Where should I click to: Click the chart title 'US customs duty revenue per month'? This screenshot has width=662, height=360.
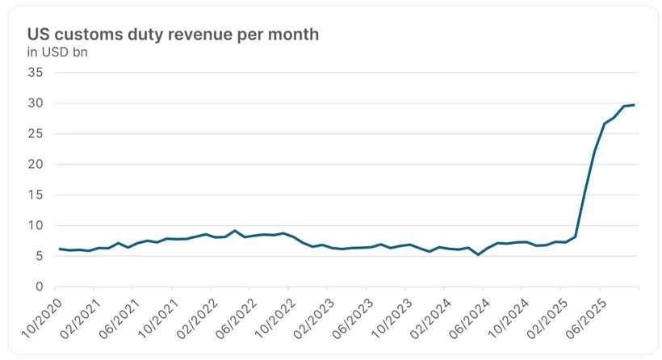tap(174, 35)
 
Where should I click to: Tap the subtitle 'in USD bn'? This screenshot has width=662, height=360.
tap(58, 52)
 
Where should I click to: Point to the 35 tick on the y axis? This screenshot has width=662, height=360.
tap(36, 73)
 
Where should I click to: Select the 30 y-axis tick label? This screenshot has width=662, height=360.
tap(36, 103)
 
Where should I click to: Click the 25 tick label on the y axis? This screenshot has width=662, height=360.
tap(36, 134)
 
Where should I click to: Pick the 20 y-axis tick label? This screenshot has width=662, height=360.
tap(36, 165)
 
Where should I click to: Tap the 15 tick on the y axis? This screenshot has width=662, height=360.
tap(36, 195)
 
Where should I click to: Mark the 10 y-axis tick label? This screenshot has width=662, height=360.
tap(36, 226)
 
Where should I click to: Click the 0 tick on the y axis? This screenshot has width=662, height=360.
tap(39, 287)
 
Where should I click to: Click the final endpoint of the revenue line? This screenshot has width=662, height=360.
tap(634, 105)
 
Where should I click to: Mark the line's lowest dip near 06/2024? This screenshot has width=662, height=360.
tap(479, 255)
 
